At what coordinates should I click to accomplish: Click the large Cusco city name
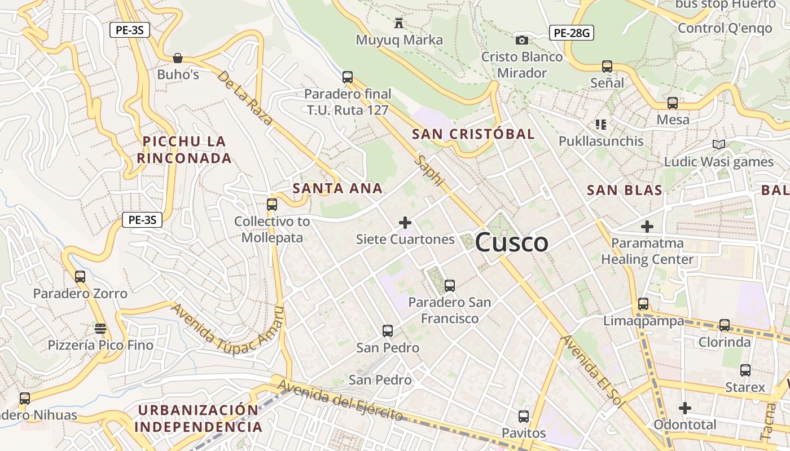[511, 242]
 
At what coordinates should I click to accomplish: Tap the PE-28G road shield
[572, 33]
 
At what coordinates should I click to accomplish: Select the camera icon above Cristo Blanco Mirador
[522, 40]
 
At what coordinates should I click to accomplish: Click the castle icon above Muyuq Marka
[400, 23]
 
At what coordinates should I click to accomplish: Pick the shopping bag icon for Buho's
[178, 58]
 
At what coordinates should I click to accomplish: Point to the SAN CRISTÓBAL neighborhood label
[473, 134]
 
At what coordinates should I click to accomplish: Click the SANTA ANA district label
[337, 188]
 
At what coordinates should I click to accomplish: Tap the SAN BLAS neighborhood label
[625, 191]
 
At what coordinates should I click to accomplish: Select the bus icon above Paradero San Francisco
[450, 286]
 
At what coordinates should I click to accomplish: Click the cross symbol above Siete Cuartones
[405, 223]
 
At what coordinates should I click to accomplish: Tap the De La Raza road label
[245, 98]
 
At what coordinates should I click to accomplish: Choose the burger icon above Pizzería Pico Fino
[100, 328]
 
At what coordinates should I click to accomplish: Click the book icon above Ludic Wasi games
[718, 145]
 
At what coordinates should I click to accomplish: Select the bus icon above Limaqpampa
[643, 304]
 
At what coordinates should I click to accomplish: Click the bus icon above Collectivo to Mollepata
[272, 205]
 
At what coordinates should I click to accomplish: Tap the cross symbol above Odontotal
[685, 408]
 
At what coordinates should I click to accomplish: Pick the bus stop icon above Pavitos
[524, 417]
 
